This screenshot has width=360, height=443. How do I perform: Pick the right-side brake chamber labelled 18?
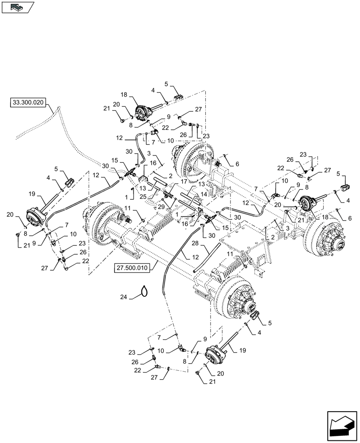[305, 204]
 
